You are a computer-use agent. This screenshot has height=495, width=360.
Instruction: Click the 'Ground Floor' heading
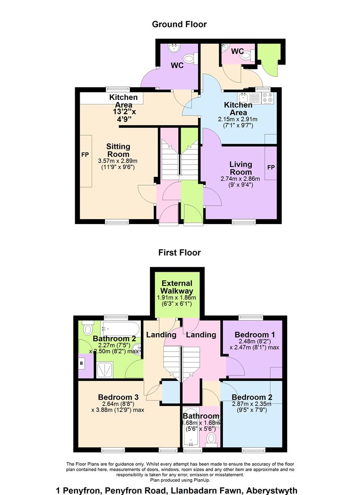click(179, 24)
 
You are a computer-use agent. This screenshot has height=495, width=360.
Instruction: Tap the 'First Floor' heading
click(179, 252)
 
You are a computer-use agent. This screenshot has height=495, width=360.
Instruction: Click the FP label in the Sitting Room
click(85, 154)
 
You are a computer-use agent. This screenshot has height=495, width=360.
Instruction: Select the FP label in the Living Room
click(271, 167)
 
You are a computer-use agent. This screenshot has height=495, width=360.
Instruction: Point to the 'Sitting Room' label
click(118, 150)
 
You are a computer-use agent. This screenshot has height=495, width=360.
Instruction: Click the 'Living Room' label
click(241, 168)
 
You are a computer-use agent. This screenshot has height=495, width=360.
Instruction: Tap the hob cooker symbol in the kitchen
click(267, 98)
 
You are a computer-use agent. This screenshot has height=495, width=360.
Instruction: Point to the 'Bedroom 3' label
click(118, 397)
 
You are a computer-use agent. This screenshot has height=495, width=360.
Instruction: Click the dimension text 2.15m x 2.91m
click(238, 119)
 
